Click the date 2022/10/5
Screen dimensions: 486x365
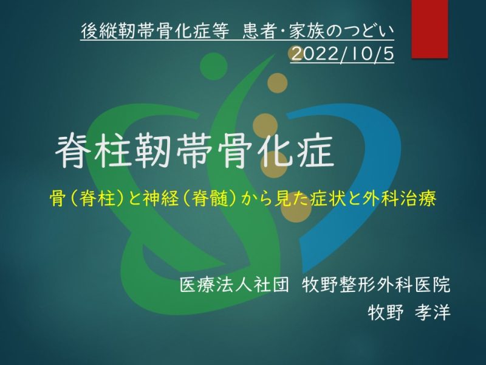coord(343,54)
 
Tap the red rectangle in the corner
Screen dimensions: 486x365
coord(430,29)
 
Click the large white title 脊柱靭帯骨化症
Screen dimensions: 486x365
coord(195,151)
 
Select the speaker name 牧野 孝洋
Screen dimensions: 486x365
coord(409,312)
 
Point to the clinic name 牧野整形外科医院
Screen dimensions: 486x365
coord(376,284)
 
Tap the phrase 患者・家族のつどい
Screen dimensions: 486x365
coord(318,31)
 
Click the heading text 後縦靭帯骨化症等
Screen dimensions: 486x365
coord(155,31)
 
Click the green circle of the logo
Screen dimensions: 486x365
coord(214,67)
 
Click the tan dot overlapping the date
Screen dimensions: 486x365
coord(295,54)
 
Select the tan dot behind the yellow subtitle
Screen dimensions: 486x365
coord(296,207)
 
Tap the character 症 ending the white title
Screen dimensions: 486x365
coord(315,151)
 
